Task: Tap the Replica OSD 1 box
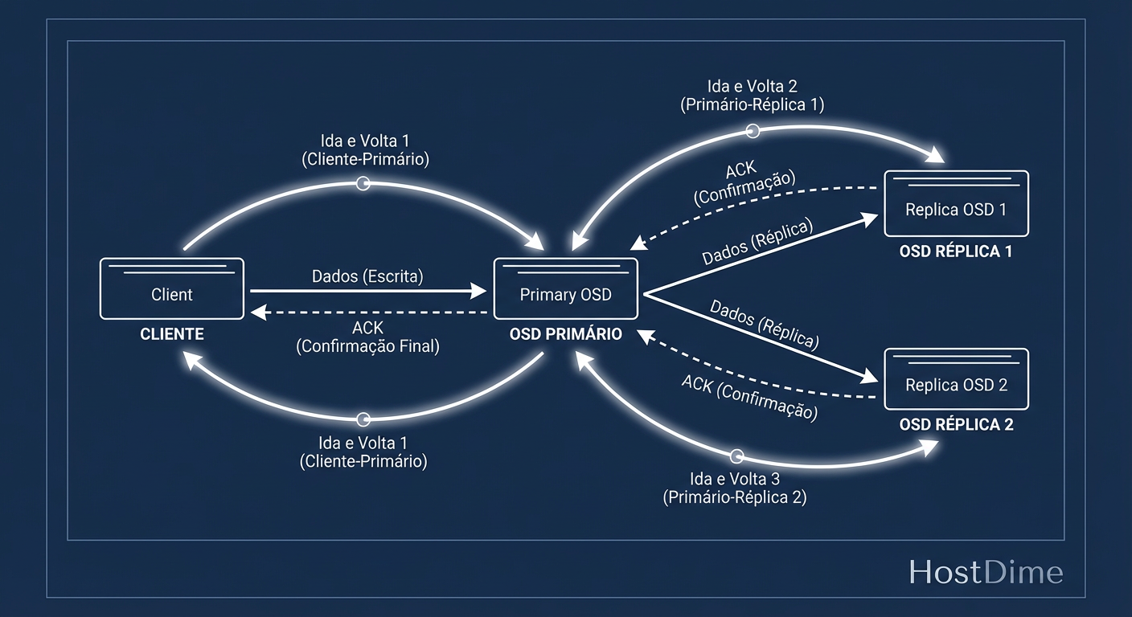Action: [956, 203]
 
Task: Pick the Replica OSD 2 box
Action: [956, 379]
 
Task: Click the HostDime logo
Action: [986, 573]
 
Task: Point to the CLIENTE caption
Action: [172, 334]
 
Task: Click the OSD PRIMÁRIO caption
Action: [565, 334]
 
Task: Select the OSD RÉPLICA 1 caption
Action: [956, 251]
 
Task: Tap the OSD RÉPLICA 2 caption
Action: [956, 425]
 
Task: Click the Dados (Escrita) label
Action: [367, 276]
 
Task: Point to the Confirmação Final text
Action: [367, 346]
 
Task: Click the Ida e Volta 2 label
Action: [752, 86]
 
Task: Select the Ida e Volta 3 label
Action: [734, 479]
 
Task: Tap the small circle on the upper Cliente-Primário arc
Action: [363, 184]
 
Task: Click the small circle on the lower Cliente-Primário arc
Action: [363, 419]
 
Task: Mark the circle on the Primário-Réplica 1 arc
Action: [753, 131]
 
